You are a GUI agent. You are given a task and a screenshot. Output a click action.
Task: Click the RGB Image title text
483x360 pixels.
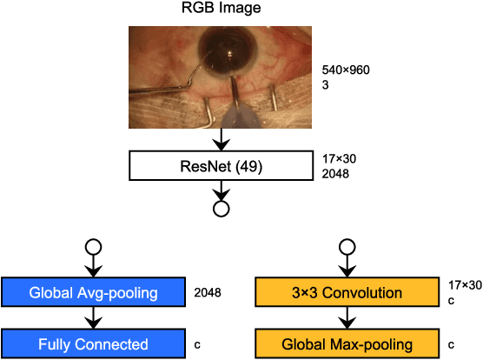222,11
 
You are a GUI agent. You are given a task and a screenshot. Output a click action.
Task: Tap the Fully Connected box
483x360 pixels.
93,343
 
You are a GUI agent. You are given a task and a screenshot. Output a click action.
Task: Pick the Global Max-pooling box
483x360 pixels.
347,343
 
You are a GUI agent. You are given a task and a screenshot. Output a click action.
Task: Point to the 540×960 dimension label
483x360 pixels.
346,70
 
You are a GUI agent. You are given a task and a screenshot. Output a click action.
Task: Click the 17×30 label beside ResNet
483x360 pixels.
338,158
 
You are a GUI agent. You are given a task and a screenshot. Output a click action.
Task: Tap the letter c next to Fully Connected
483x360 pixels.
197,344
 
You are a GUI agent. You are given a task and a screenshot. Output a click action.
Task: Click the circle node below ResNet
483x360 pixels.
221,209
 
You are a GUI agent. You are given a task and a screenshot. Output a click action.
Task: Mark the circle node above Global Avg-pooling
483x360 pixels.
93,245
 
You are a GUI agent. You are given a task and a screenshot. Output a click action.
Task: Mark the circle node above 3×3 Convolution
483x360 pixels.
347,245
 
